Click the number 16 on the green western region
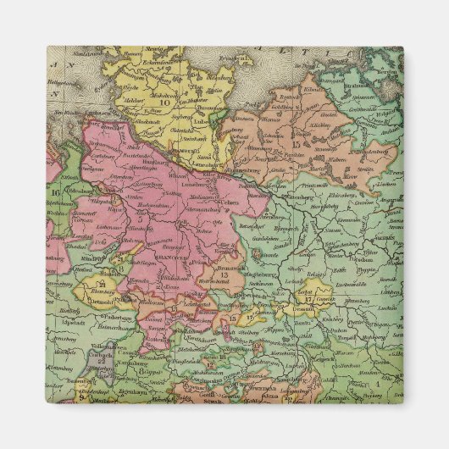(x=55, y=194)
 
